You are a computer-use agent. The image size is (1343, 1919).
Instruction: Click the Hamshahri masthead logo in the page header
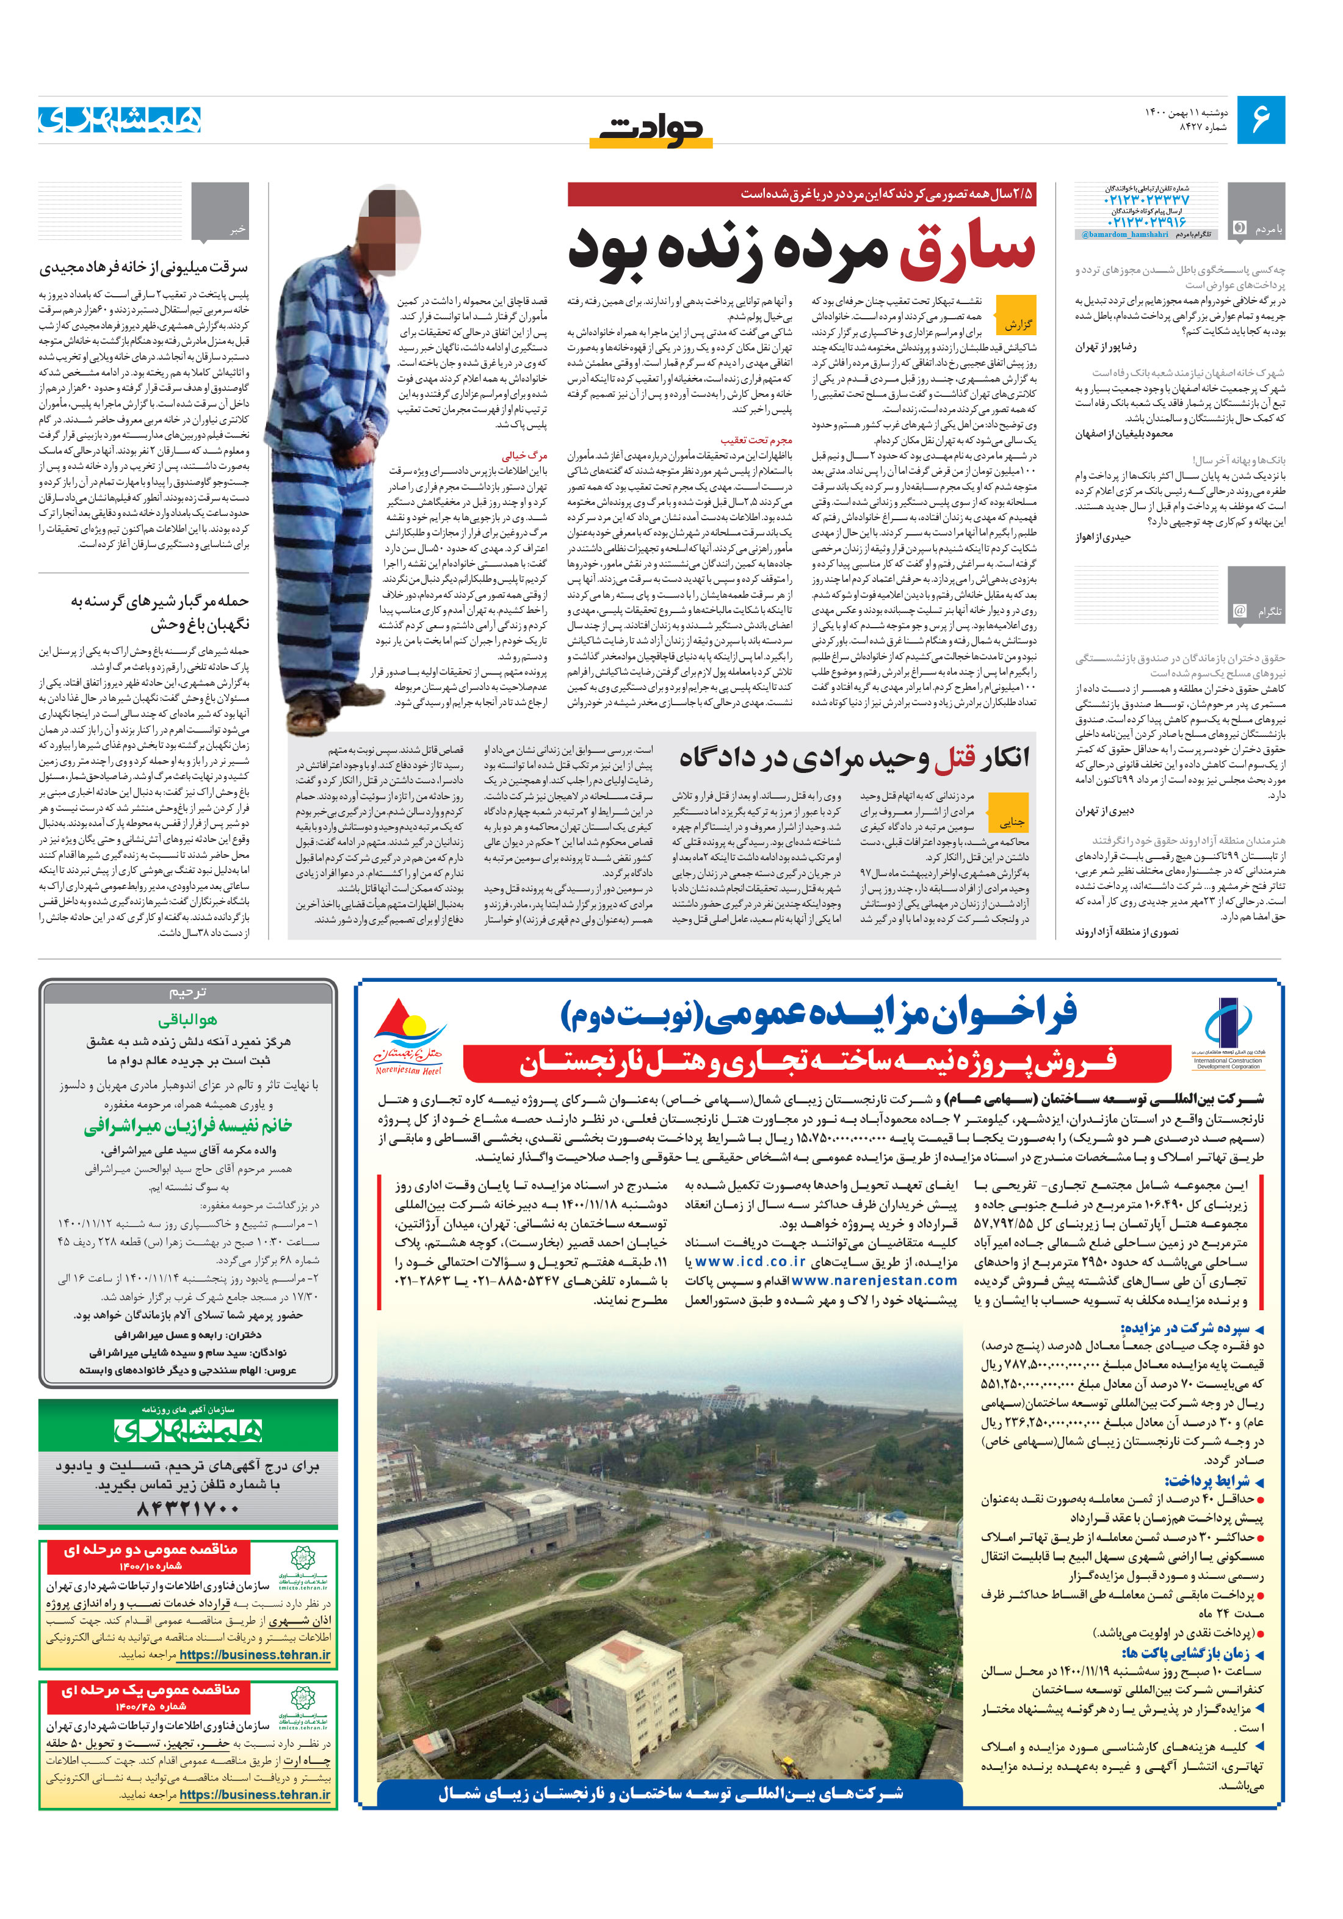120,120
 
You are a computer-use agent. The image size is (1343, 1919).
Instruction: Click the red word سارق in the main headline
967,252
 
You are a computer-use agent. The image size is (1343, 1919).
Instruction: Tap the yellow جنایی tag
1010,822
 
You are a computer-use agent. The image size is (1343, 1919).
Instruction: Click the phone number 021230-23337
1146,201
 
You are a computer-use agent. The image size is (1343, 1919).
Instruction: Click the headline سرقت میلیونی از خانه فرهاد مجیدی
143,268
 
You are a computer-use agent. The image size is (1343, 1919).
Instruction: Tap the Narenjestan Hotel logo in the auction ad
408,1036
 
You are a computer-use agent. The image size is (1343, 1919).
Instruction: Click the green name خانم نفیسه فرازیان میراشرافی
188,1126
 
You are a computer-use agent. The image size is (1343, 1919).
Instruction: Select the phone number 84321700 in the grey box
189,1509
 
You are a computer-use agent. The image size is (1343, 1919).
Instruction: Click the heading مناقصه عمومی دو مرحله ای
151,1550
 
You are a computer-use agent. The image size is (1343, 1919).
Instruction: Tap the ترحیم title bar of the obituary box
188,992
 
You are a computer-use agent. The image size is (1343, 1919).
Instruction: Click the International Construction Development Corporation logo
1228,1034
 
